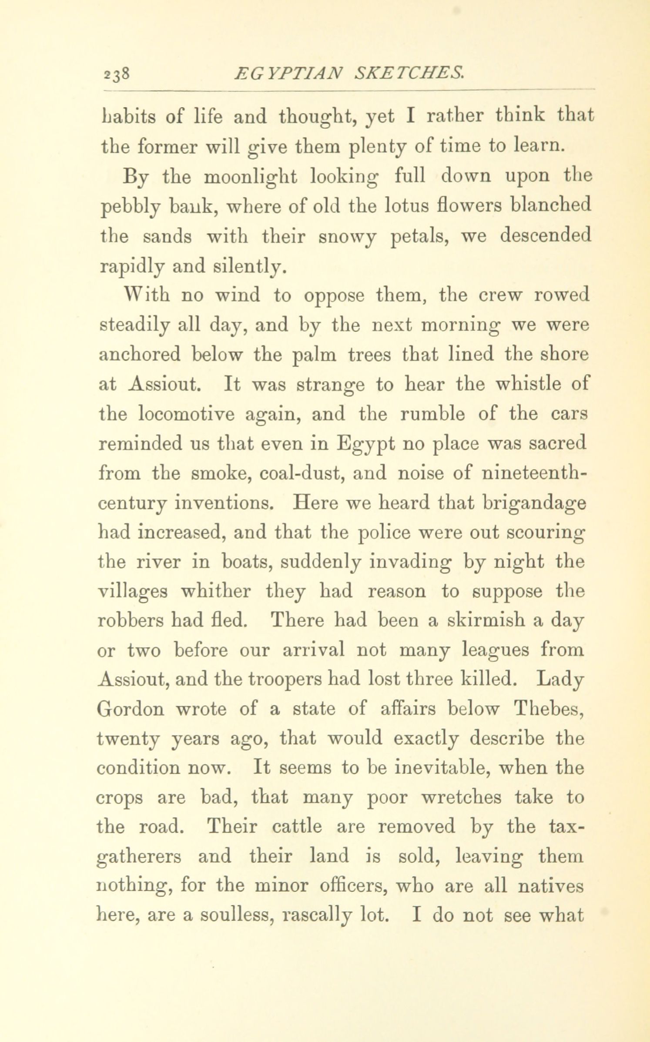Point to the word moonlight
251,177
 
